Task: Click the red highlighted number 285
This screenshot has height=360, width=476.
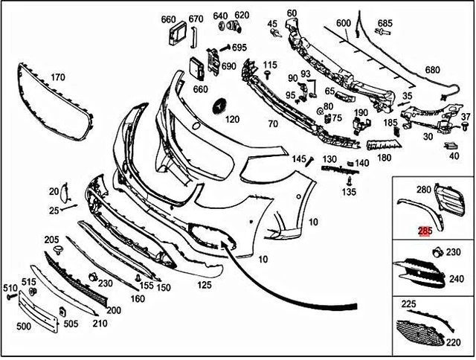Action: point(425,231)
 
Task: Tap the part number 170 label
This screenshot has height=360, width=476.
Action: point(57,76)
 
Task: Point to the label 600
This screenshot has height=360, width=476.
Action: point(343,23)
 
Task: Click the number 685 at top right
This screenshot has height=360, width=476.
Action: point(385,23)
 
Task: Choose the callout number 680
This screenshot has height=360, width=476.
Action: point(432,71)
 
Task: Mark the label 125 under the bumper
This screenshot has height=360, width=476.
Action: point(204,283)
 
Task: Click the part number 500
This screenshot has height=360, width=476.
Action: point(24,326)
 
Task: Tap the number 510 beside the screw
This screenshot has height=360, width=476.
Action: point(10,288)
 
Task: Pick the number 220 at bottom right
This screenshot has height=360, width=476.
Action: point(452,344)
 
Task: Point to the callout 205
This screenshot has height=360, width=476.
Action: point(51,240)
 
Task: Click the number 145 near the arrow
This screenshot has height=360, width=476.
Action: point(298,158)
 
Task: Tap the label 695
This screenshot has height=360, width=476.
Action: point(239,48)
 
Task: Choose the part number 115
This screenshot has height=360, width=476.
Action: point(269,65)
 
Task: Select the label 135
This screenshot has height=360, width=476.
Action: point(349,192)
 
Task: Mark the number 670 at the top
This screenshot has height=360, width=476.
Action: point(196,19)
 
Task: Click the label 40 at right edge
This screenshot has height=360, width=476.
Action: point(454,155)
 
